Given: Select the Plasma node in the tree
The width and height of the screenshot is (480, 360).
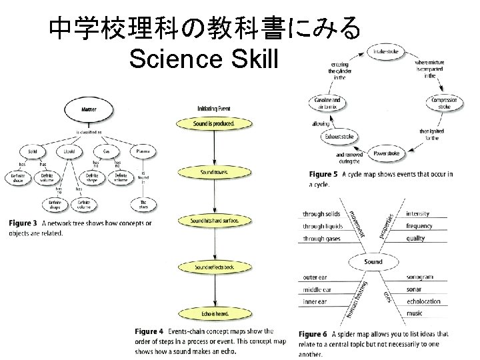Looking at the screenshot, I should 143,151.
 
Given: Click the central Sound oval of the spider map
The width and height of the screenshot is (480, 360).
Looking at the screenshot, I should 373,262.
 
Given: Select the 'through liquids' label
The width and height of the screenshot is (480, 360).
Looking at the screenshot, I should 322,226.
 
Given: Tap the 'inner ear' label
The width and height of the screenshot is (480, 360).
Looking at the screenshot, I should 315,301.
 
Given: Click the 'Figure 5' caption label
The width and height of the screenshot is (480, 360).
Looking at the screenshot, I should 323,175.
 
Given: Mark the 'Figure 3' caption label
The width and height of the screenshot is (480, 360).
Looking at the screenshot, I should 23,223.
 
